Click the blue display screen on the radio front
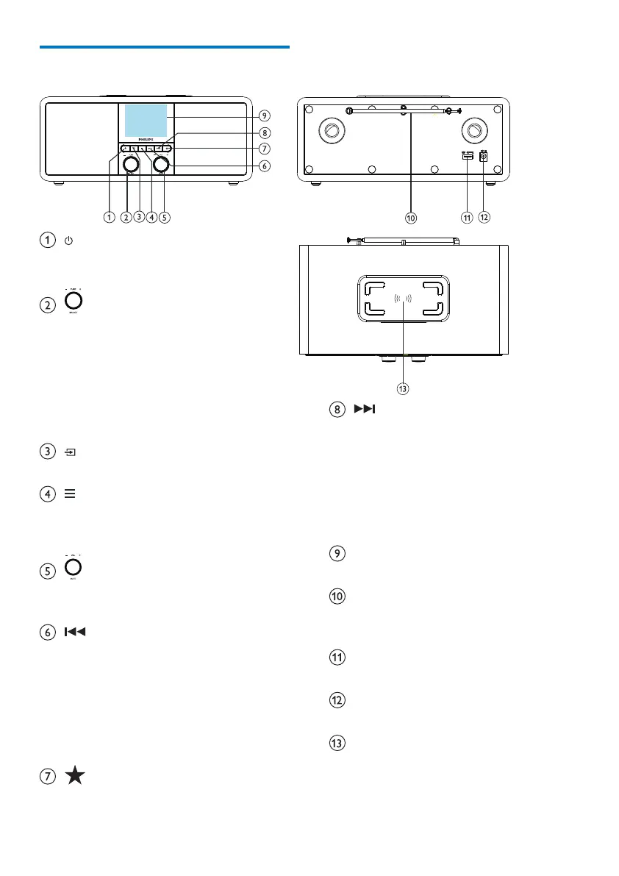146,121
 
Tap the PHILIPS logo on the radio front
146,139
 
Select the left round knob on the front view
131,165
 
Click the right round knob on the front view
160,165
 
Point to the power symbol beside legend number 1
68,241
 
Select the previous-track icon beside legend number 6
76,632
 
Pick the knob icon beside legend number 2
74,301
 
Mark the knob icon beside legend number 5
74,568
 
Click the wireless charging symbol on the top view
402,299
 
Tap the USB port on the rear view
466,155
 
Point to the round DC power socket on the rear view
484,156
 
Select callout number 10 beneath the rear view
411,217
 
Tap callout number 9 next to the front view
264,115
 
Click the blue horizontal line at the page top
165,47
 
